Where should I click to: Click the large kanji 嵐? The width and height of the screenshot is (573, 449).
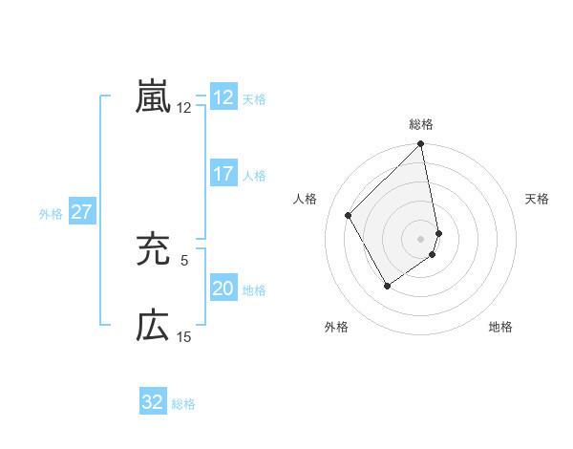tap(153, 96)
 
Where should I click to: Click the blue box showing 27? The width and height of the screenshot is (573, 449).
tap(81, 212)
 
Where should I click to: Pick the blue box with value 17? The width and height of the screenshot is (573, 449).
tap(223, 174)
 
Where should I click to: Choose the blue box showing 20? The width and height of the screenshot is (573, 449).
tap(223, 289)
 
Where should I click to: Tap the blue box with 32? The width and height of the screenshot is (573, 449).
tap(153, 402)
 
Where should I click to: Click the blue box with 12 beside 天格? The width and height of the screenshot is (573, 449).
tap(223, 96)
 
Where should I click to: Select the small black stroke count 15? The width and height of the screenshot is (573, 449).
tap(184, 336)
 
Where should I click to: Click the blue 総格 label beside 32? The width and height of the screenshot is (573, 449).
tap(184, 404)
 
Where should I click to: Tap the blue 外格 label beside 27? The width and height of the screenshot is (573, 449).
tap(51, 214)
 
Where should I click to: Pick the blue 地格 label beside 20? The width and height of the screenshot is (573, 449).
tap(254, 290)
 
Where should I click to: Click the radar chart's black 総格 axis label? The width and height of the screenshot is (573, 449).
tap(421, 124)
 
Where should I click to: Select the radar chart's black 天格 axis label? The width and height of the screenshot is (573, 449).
tap(538, 199)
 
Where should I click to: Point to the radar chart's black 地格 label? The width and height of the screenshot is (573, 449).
tap(500, 328)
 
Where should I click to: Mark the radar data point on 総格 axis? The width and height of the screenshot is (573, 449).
tap(421, 145)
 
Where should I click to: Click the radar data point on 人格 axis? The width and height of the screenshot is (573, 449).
tap(349, 215)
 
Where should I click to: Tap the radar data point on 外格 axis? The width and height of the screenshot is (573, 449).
tap(387, 286)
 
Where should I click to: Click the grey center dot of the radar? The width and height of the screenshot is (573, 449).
tap(421, 238)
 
